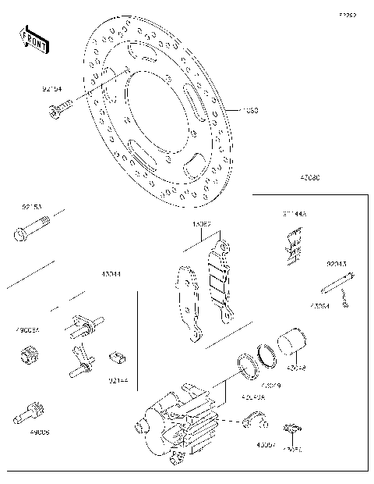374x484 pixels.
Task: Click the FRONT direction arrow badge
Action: pyautogui.click(x=34, y=39)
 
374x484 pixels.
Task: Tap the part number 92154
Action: pyautogui.click(x=52, y=91)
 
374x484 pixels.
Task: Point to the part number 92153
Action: pyautogui.click(x=32, y=207)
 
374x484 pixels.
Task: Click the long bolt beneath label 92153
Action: pyautogui.click(x=31, y=232)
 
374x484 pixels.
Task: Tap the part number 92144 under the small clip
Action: pyautogui.click(x=118, y=380)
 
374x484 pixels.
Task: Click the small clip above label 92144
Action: pyautogui.click(x=116, y=358)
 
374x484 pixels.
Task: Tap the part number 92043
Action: pyautogui.click(x=337, y=265)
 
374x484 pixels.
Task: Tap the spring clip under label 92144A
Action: pyautogui.click(x=291, y=241)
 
